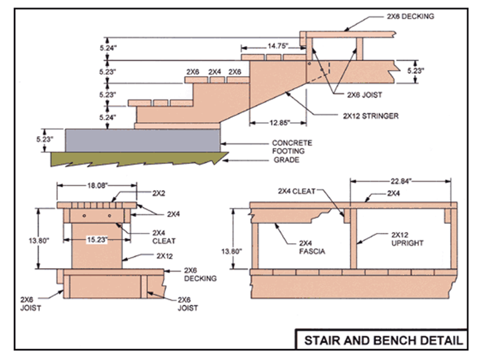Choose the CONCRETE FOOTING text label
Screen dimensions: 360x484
click(290, 146)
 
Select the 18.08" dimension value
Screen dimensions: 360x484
click(97, 185)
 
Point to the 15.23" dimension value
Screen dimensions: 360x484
click(97, 240)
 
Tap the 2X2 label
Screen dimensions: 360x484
click(160, 193)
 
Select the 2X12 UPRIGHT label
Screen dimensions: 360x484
click(408, 239)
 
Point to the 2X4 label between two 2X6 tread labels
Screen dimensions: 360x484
click(214, 71)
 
